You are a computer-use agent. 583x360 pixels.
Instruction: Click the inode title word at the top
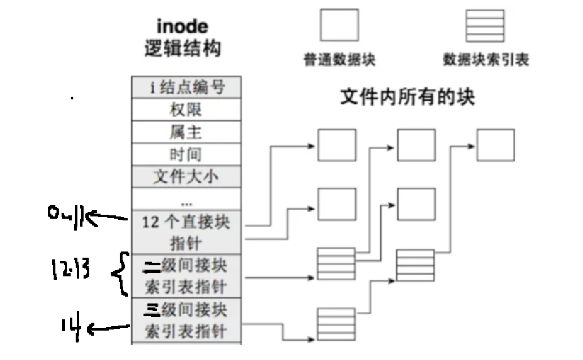click(x=182, y=26)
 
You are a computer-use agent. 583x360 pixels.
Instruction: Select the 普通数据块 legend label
click(x=340, y=59)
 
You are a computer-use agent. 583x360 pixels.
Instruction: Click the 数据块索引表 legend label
click(x=486, y=59)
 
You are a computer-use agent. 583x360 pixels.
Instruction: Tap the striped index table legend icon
click(x=485, y=25)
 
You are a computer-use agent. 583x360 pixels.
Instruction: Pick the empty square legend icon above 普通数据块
click(x=340, y=25)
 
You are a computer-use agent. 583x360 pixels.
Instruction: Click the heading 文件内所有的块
click(x=407, y=97)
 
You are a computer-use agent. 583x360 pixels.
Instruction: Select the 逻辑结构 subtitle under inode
click(x=182, y=49)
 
